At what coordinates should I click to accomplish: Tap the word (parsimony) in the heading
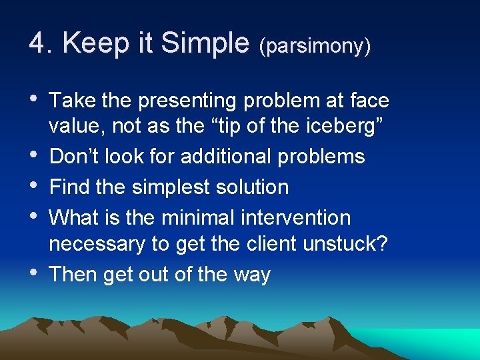(x=315, y=46)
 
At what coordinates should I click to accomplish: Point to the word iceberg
(x=339, y=125)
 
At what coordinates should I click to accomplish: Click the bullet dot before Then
(x=34, y=274)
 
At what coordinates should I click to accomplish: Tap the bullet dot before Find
(x=34, y=187)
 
